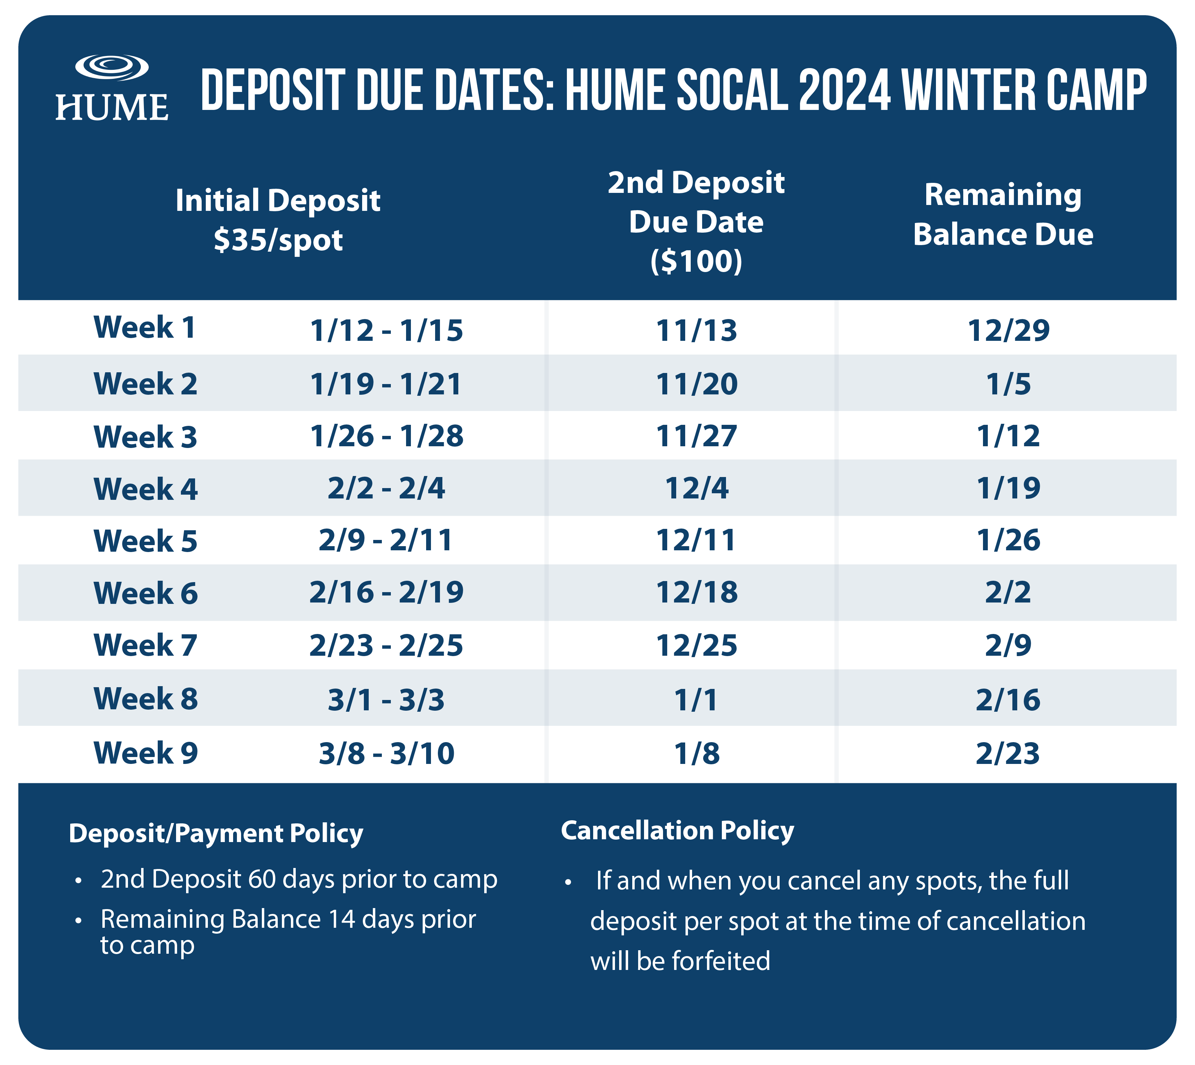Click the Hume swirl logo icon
112,67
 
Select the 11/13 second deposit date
696,330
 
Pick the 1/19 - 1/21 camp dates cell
386,384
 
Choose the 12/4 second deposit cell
696,488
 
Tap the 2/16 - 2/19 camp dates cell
386,592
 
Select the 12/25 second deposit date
696,645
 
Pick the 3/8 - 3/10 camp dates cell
386,754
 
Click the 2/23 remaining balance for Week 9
1008,754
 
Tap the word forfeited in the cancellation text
721,961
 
